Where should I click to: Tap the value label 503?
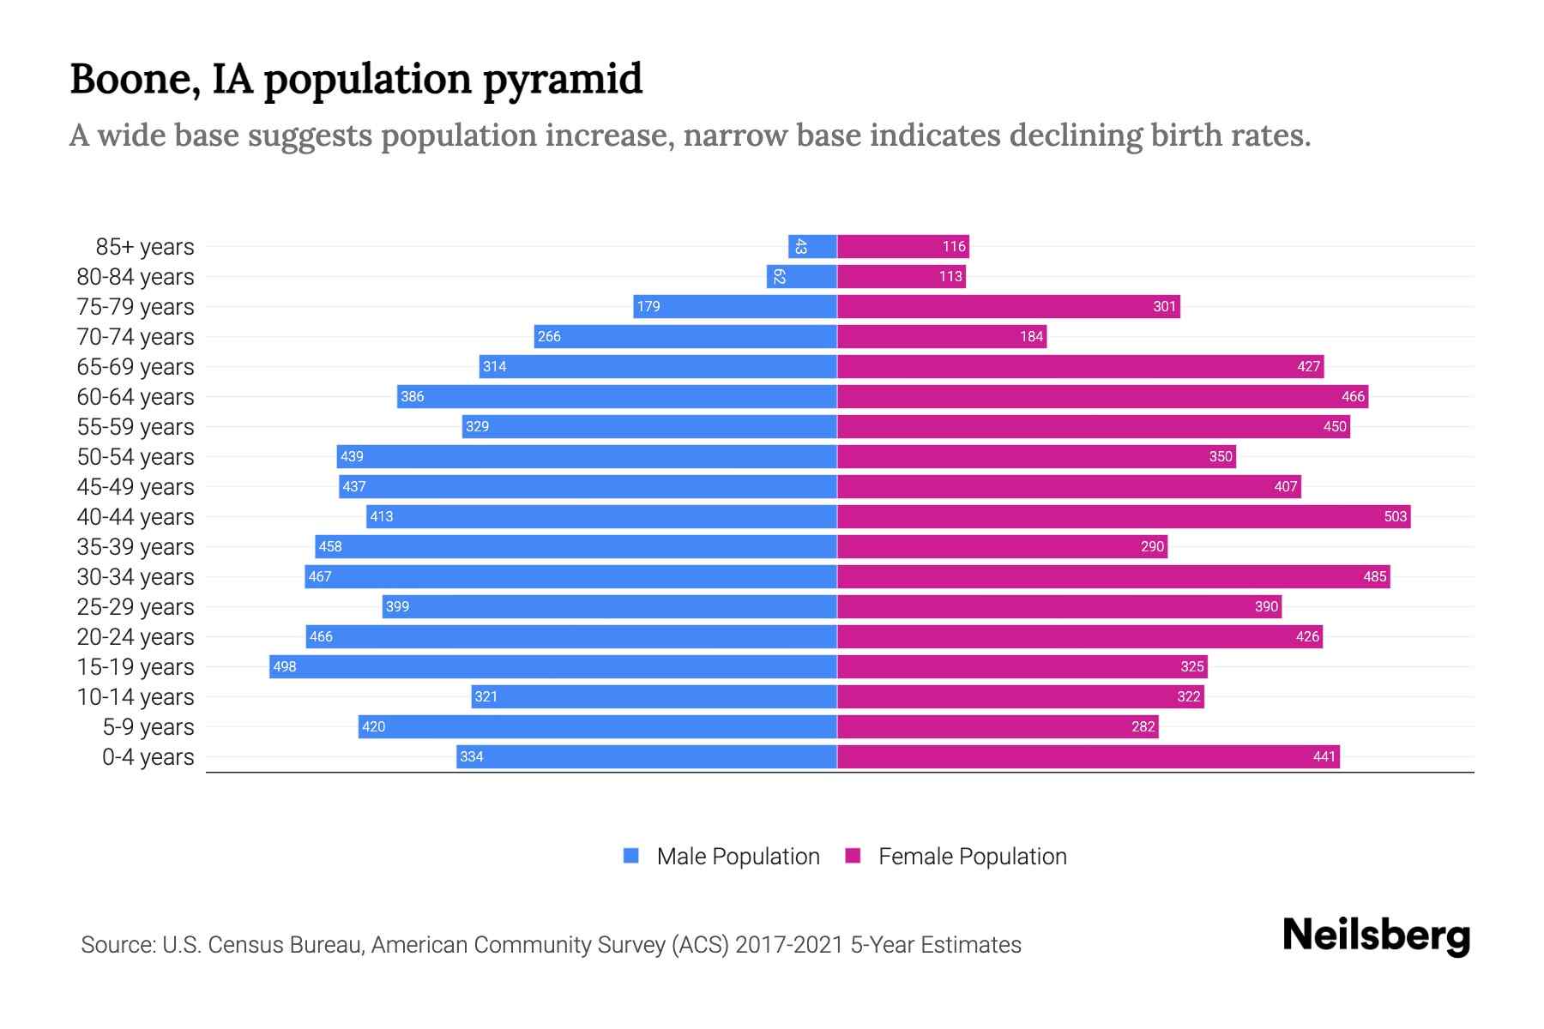[1395, 516]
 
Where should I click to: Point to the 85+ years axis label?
[144, 247]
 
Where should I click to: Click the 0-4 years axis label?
[148, 757]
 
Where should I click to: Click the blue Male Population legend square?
[631, 856]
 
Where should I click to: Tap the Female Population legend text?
[972, 857]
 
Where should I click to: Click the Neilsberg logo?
[1376, 936]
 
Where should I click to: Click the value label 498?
[284, 666]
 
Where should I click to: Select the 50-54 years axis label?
[136, 457]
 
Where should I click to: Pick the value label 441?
[1324, 756]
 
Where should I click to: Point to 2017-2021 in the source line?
[788, 945]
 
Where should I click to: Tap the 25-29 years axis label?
[136, 607]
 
